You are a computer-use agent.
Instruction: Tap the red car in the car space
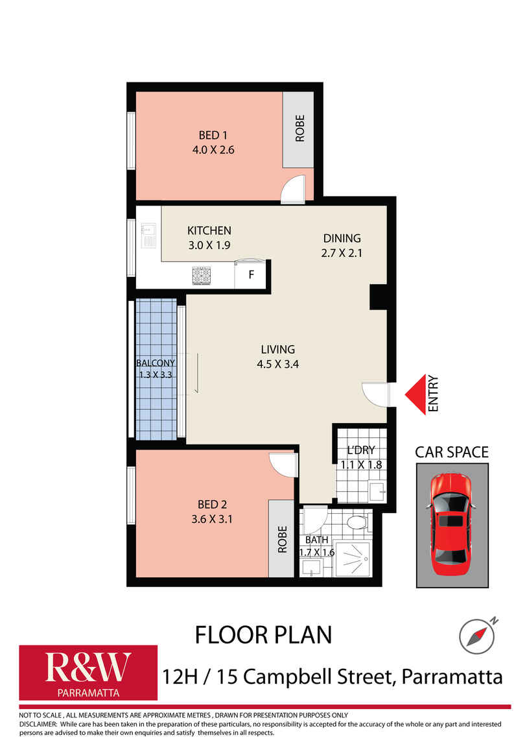point(452,526)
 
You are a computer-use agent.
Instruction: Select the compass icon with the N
point(474,635)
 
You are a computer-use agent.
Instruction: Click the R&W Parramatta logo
point(88,672)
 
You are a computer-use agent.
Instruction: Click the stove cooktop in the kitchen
point(202,276)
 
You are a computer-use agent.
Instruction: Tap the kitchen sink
point(148,236)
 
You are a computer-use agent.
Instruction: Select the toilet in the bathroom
point(357,522)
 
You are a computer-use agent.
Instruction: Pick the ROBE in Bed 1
point(299,128)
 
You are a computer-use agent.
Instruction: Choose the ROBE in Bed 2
point(281,538)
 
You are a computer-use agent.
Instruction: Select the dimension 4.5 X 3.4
point(277,364)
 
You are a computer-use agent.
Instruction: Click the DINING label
point(342,238)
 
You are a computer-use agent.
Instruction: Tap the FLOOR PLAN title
point(263,634)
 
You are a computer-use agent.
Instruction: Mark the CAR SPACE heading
point(452,451)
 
